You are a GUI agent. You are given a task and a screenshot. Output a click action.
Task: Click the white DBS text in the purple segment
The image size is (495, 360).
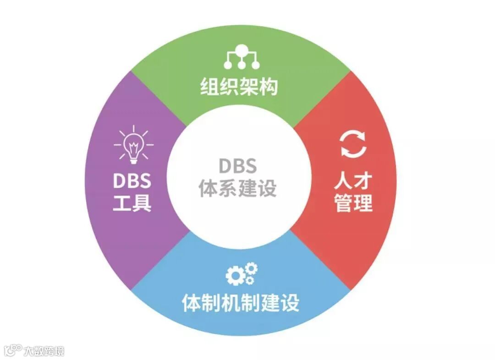click(x=132, y=181)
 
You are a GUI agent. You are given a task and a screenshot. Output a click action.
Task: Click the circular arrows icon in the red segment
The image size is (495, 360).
click(x=353, y=145)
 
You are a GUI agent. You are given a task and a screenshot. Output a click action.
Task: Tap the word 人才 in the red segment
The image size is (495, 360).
click(x=353, y=181)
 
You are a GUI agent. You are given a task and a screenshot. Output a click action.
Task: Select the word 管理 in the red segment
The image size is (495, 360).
click(x=353, y=202)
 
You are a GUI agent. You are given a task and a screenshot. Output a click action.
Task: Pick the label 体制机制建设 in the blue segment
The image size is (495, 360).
click(x=241, y=303)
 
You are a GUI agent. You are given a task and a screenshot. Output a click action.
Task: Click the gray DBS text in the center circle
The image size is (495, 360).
click(x=237, y=166)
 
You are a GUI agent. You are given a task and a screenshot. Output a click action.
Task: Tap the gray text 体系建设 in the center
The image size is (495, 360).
click(x=237, y=188)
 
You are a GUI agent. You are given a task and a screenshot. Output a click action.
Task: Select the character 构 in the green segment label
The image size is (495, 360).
click(x=269, y=86)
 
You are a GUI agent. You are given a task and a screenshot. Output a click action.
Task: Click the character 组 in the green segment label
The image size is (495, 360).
click(x=209, y=86)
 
